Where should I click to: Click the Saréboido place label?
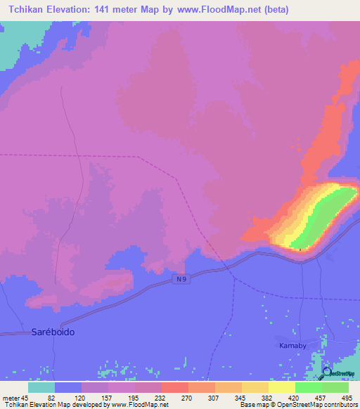click(x=53, y=331)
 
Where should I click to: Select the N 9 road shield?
click(x=181, y=280)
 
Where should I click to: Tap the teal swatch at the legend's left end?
click(x=41, y=387)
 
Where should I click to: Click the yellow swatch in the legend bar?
click(x=281, y=387)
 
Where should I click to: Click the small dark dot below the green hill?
click(x=300, y=249)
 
